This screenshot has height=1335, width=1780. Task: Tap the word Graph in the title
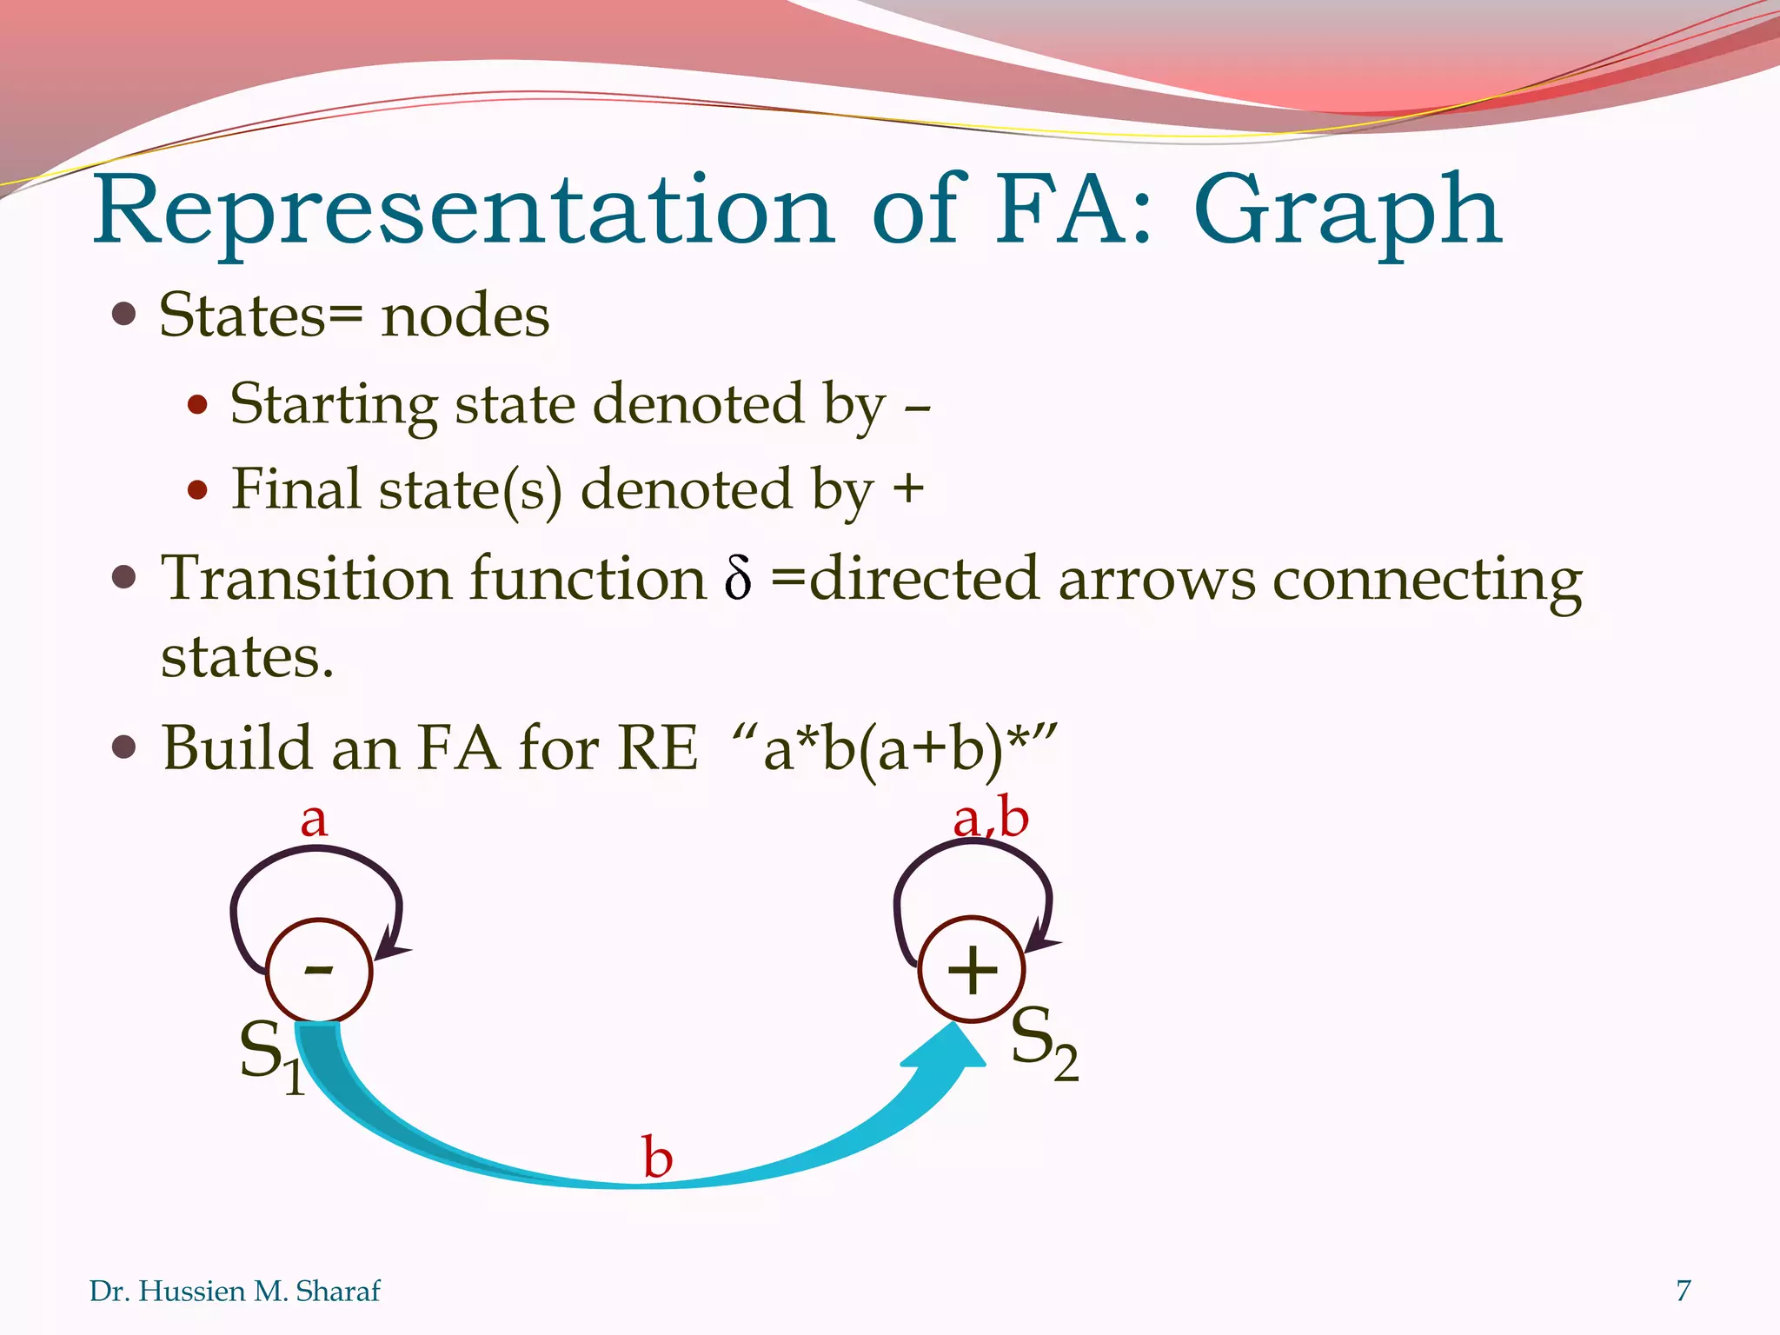(x=1347, y=213)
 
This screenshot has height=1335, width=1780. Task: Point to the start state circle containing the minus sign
(x=319, y=970)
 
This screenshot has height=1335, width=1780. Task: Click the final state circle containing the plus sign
(x=972, y=970)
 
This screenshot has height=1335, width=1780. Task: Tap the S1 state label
(x=271, y=1055)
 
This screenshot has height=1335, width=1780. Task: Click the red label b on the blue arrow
(x=658, y=1158)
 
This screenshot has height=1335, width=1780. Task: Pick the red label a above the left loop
(x=314, y=820)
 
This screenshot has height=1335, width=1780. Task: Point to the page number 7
(x=1684, y=1291)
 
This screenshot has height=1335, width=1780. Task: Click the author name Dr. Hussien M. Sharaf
(x=235, y=1292)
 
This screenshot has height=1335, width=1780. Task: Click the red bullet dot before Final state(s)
(x=198, y=490)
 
